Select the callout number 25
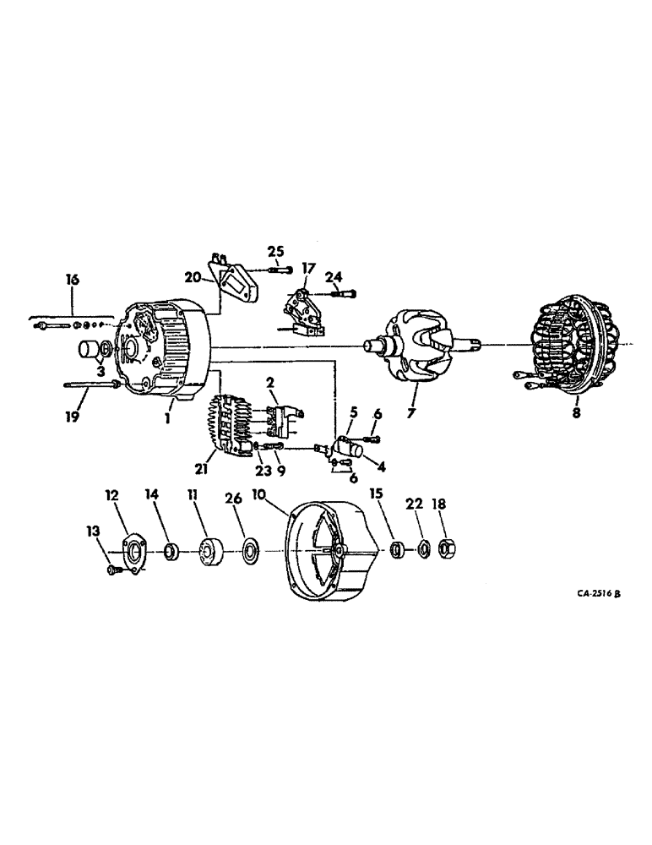tap(275, 251)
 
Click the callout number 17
tap(308, 269)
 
